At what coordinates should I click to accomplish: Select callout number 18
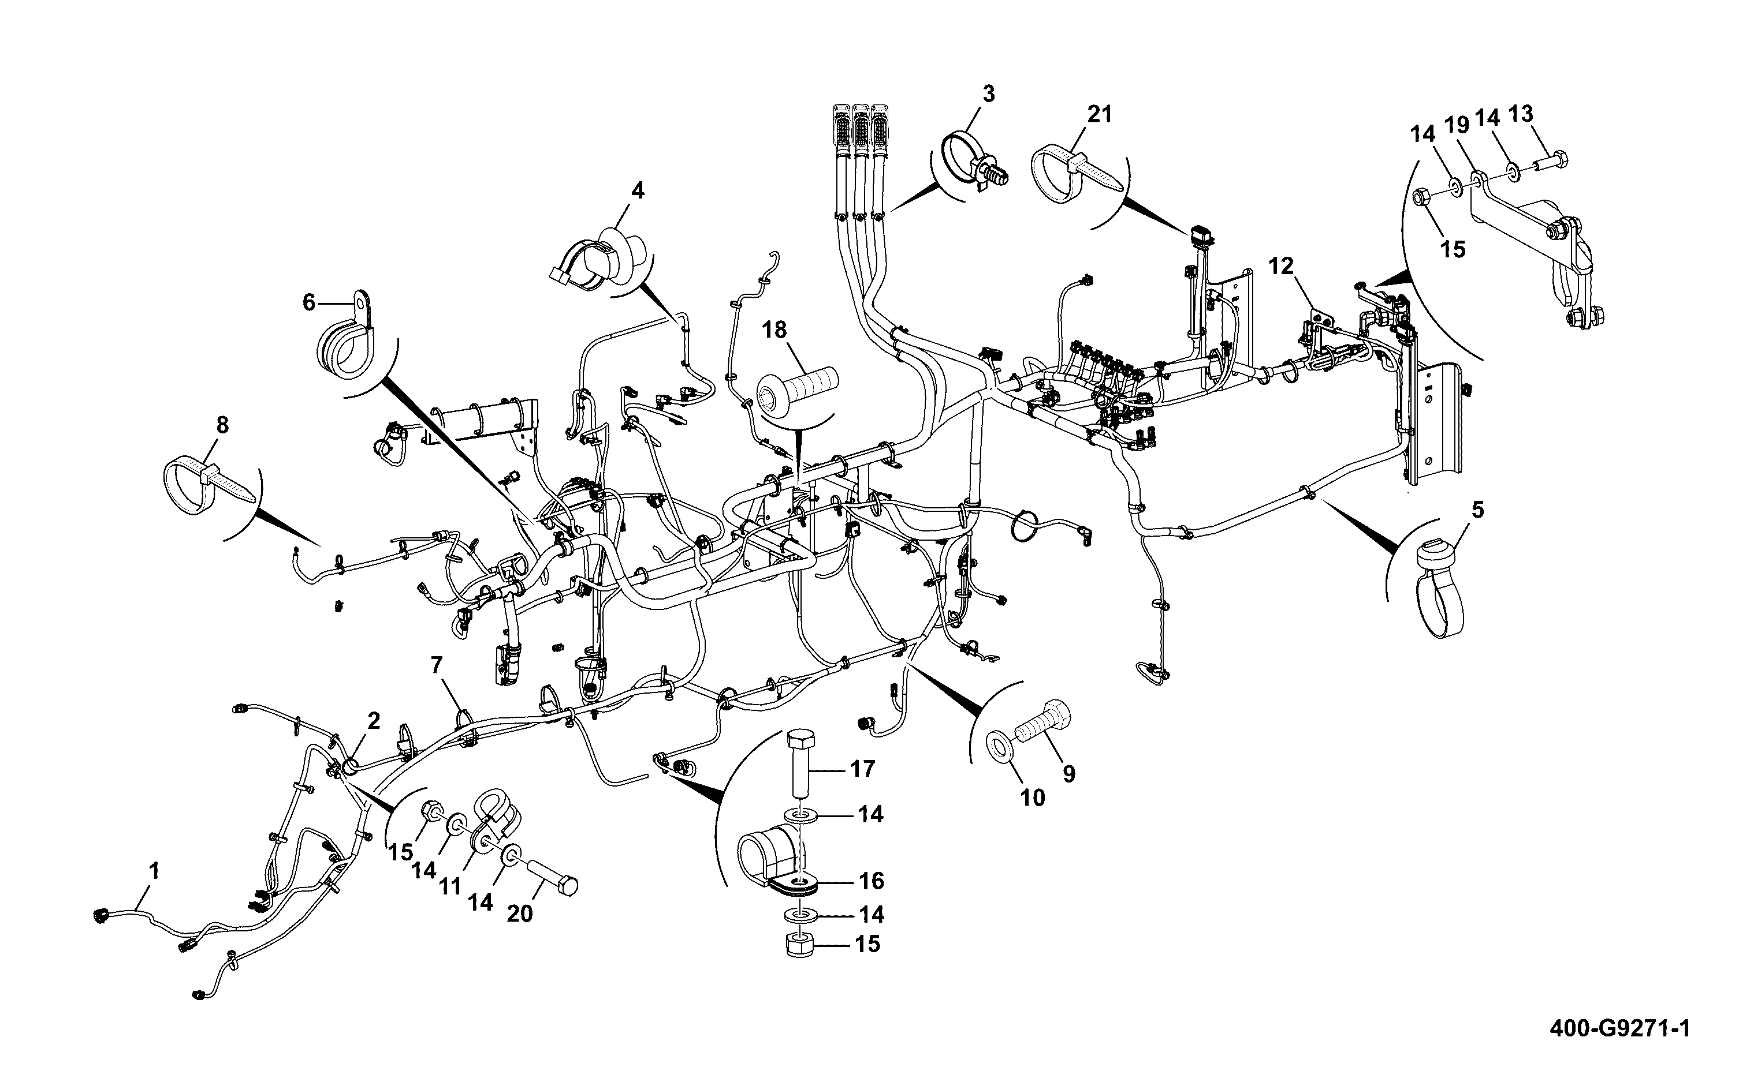[774, 330]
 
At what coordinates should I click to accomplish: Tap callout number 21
[1099, 114]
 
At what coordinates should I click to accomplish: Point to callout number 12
[1281, 266]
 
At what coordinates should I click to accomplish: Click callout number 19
[1457, 125]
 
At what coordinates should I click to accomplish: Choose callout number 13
[1521, 114]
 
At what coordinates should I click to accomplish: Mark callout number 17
[862, 769]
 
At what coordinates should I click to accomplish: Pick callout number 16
[872, 881]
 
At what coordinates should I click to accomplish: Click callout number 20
[520, 914]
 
